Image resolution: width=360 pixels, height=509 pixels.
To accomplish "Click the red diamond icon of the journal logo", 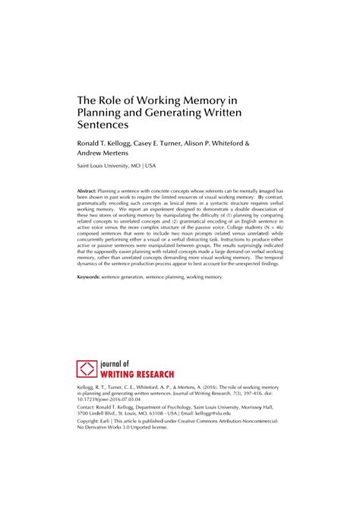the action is pyautogui.click(x=87, y=369).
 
